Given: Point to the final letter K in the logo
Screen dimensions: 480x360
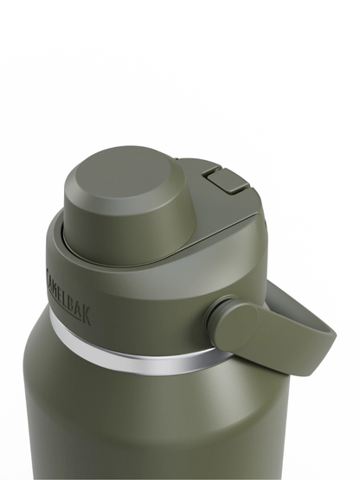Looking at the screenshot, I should coord(85,312).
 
